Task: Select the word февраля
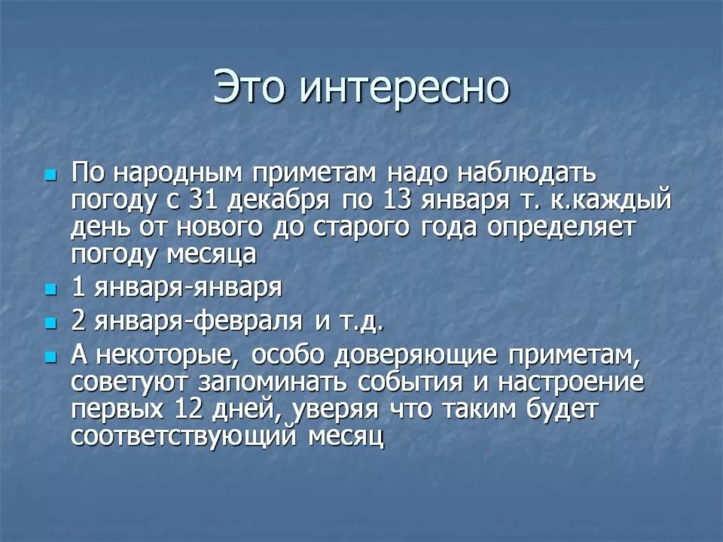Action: (248, 322)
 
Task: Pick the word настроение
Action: (571, 383)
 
